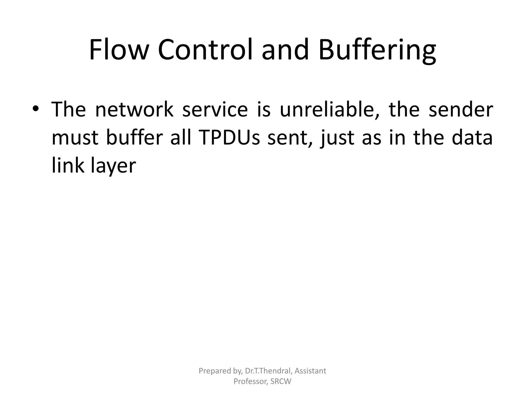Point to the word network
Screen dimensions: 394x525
coord(134,110)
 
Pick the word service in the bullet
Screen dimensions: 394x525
coord(215,110)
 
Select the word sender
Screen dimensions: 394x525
coord(461,110)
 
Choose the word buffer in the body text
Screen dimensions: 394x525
coord(134,138)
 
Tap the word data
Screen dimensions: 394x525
coord(472,138)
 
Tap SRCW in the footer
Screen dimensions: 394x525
coord(281,381)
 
